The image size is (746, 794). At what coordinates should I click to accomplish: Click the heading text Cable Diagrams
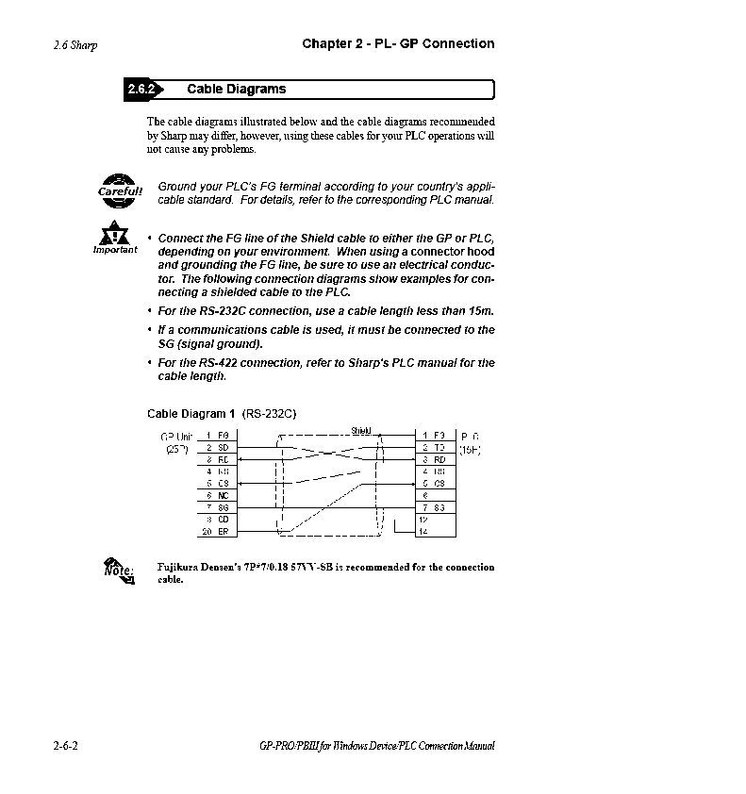coord(236,90)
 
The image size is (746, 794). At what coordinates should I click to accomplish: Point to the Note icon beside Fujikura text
coord(117,570)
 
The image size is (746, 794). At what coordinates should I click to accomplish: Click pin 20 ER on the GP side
coord(217,532)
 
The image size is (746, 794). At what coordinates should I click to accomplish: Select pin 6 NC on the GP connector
coord(217,495)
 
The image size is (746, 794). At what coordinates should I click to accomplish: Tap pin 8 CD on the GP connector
coord(217,520)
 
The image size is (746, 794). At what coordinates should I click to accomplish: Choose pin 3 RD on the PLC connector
coord(434,459)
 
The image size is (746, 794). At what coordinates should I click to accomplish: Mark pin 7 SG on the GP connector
coord(217,507)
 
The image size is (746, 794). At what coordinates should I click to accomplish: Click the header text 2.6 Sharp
coord(75,44)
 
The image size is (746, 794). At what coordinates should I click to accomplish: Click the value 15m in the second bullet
coord(480,310)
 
